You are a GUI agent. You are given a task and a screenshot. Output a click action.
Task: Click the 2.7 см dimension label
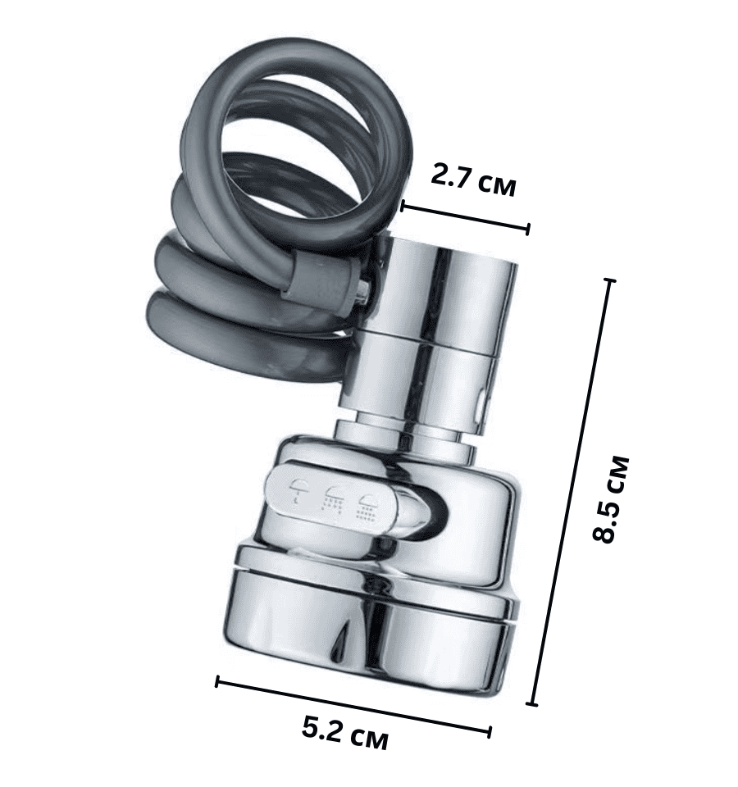point(473,180)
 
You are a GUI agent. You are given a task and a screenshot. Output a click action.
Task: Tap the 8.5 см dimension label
point(610,498)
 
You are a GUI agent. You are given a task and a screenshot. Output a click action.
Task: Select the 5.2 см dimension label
point(345,733)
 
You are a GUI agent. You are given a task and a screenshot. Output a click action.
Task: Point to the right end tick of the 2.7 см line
point(527,230)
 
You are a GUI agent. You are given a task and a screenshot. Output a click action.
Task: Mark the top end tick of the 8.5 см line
point(610,281)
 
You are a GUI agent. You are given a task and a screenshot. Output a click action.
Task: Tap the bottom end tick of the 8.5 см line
point(534,704)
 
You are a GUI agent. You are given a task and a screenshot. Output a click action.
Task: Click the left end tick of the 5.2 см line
point(216,681)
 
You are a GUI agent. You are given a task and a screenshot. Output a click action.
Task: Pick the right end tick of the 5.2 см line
point(489,732)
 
